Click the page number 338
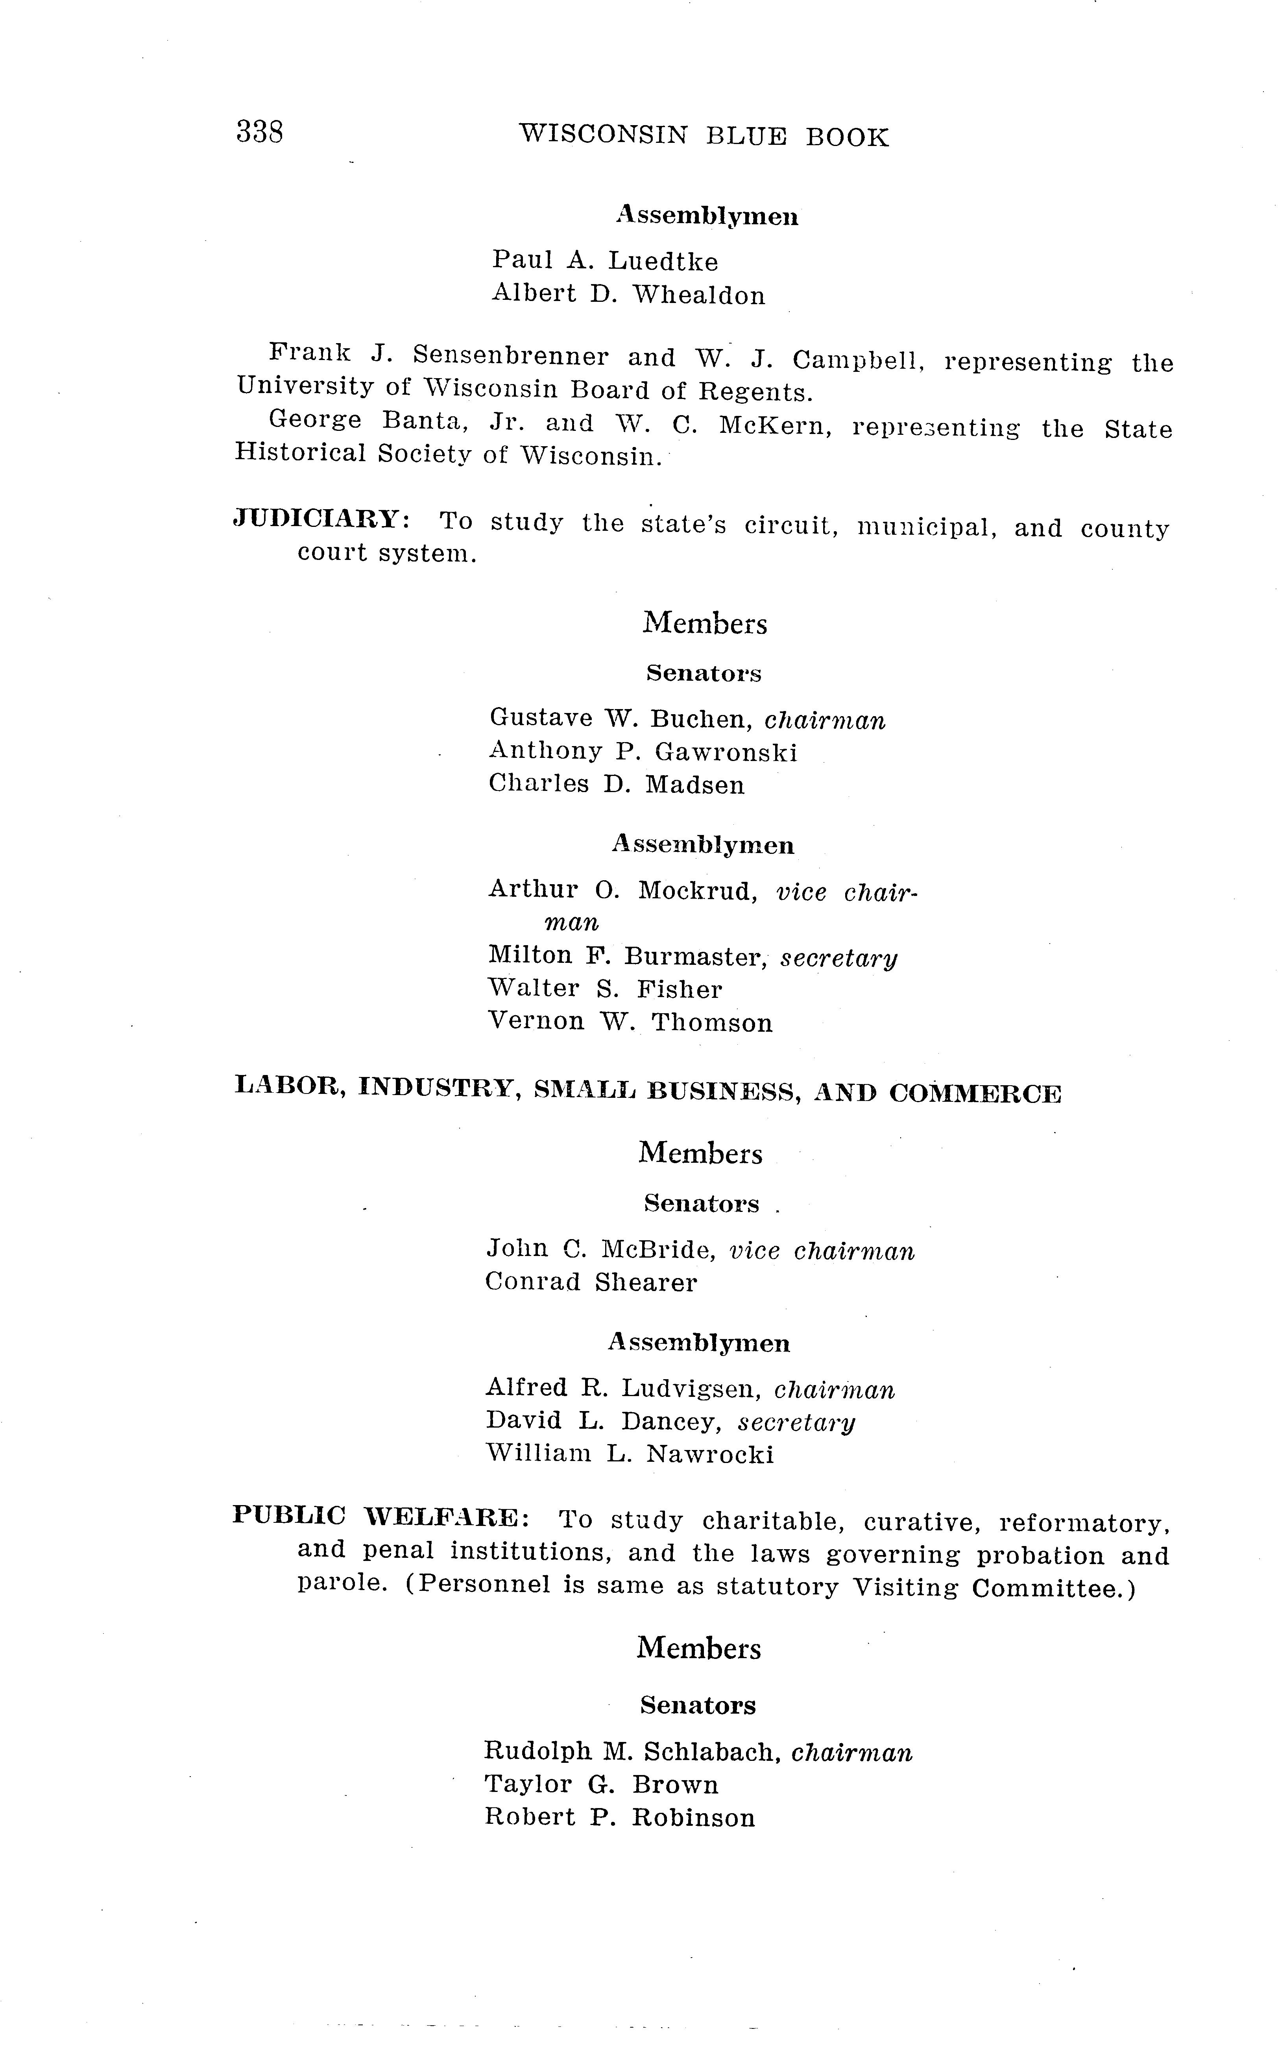(259, 133)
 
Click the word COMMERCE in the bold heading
(975, 1094)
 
